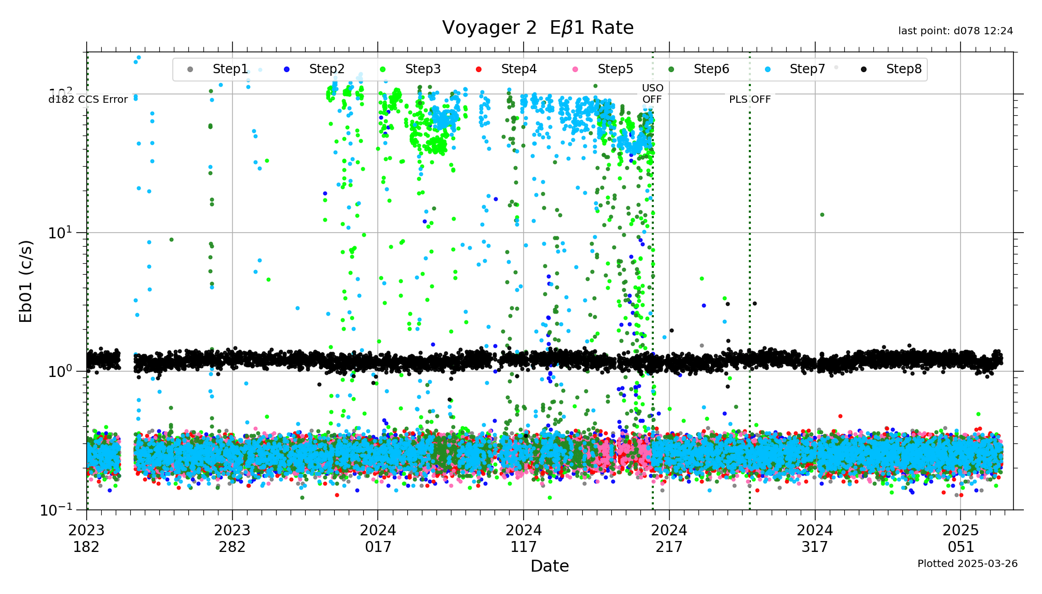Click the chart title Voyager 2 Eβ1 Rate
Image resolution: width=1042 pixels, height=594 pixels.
[538, 28]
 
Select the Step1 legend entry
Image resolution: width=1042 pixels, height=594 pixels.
[230, 69]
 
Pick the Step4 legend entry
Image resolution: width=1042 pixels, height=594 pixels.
[518, 69]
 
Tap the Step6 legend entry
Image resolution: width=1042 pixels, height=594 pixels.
[711, 69]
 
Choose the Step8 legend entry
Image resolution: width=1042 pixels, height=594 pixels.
[903, 69]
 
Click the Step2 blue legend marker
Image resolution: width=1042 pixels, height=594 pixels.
[286, 70]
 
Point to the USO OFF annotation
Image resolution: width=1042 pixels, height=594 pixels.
[652, 93]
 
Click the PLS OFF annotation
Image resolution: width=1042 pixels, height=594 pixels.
[750, 99]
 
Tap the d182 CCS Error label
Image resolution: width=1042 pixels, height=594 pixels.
[88, 99]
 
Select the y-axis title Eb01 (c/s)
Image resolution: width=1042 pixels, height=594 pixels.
[26, 281]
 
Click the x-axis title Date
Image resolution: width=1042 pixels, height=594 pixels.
[550, 566]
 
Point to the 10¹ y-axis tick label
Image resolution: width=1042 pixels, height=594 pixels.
[60, 233]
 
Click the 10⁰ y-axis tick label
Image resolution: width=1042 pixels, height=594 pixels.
[60, 371]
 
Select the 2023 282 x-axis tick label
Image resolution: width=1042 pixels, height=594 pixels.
[232, 538]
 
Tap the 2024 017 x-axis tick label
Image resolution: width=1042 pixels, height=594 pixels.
[378, 538]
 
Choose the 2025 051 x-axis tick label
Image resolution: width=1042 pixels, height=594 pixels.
[961, 538]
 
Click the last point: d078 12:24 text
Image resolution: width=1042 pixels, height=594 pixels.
[955, 31]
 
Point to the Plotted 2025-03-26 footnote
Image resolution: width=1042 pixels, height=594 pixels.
[967, 563]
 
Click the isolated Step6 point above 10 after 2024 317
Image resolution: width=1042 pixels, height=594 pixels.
[822, 214]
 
